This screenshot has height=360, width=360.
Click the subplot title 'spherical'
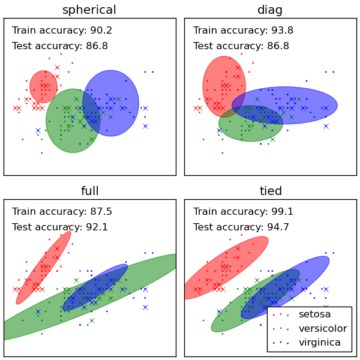pyautogui.click(x=89, y=10)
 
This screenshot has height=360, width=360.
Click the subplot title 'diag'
pyautogui.click(x=270, y=10)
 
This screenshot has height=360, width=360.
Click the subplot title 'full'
pyautogui.click(x=89, y=191)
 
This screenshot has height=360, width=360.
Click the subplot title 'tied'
pyautogui.click(x=270, y=191)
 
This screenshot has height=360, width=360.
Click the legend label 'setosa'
pyautogui.click(x=314, y=314)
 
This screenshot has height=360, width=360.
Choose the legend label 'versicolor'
pyautogui.click(x=323, y=329)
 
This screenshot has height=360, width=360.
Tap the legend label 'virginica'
pyautogui.click(x=320, y=343)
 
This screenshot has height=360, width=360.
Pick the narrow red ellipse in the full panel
pyautogui.click(x=43, y=267)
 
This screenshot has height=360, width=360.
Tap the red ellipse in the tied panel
pyautogui.click(x=225, y=267)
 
